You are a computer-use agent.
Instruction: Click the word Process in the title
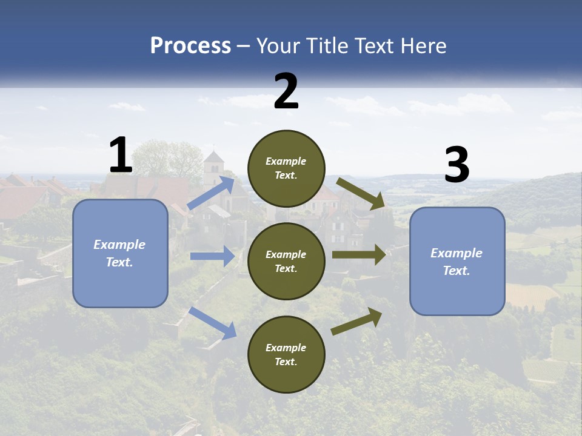pos(190,45)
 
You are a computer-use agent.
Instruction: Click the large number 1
pos(121,156)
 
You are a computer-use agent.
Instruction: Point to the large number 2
pos(286,91)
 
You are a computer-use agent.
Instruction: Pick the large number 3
pos(457,165)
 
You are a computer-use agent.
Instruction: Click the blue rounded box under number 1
pos(120,253)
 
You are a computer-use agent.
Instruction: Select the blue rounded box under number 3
pos(457,262)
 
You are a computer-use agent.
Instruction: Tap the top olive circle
pos(286,168)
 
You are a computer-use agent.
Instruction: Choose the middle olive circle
pos(286,261)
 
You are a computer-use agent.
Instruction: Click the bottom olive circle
pos(286,354)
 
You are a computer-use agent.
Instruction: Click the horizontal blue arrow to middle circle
pos(213,256)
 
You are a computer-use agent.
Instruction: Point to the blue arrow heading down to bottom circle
pos(213,322)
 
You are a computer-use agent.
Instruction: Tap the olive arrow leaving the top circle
pos(361,194)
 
